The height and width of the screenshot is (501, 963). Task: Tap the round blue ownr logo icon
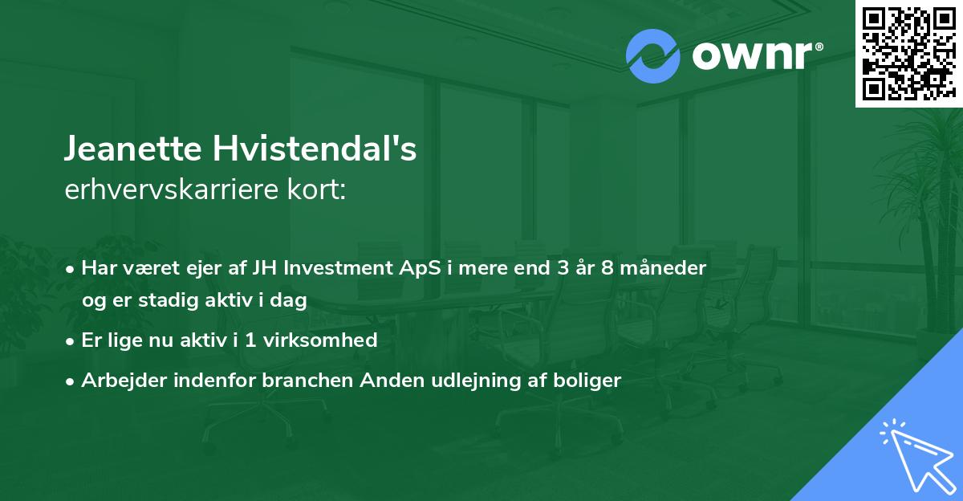pyautogui.click(x=653, y=55)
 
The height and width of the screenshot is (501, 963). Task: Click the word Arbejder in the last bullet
pyautogui.click(x=119, y=381)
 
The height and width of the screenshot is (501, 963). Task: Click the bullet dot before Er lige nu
pyautogui.click(x=71, y=340)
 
